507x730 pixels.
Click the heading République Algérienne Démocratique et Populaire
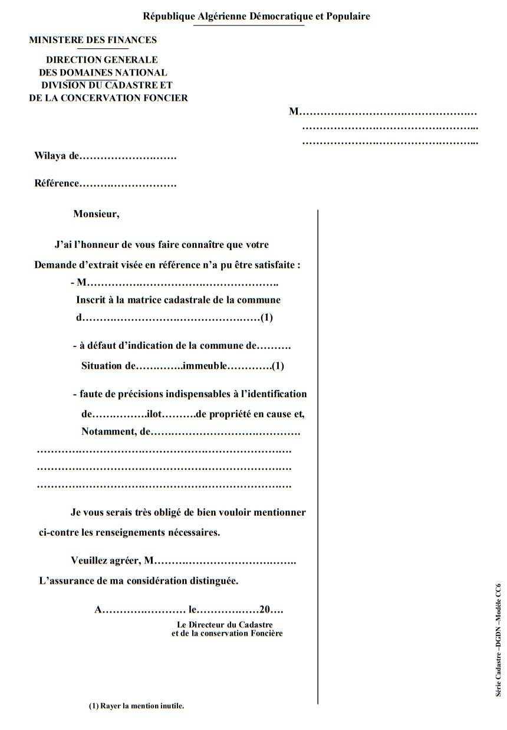pyautogui.click(x=256, y=17)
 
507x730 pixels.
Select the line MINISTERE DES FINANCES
pyautogui.click(x=93, y=40)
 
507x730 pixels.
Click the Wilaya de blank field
pyautogui.click(x=128, y=157)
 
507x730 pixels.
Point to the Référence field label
pyautogui.click(x=57, y=183)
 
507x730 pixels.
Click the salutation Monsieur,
pyautogui.click(x=96, y=214)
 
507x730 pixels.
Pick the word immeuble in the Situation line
pyautogui.click(x=205, y=365)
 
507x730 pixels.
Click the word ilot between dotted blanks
pyautogui.click(x=154, y=414)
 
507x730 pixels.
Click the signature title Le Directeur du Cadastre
pyautogui.click(x=225, y=624)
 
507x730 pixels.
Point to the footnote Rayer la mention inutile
pyautogui.click(x=136, y=706)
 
